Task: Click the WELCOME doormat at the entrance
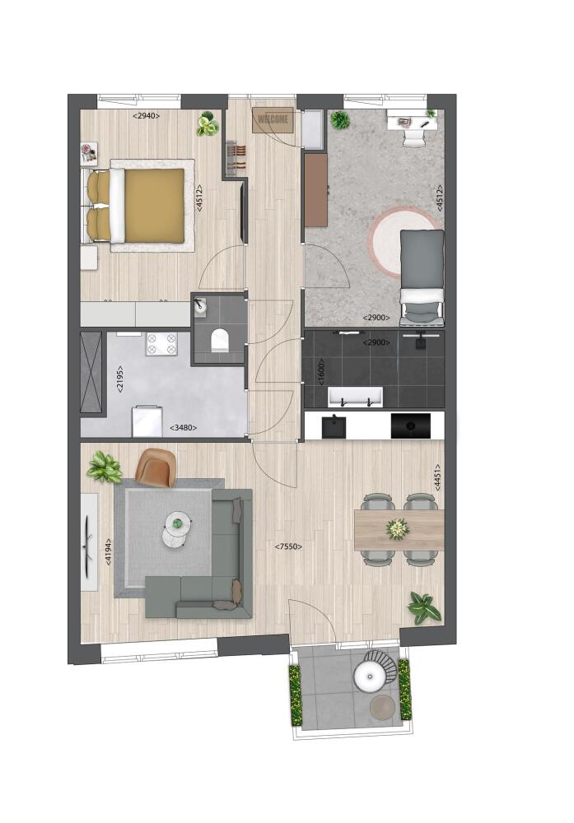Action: (x=273, y=119)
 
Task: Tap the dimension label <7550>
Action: (x=289, y=546)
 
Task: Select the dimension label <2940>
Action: (x=146, y=116)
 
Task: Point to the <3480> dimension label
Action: (x=184, y=428)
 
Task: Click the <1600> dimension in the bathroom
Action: (x=321, y=372)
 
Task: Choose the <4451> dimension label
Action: (x=437, y=477)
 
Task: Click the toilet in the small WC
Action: (x=219, y=341)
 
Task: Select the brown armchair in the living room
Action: (x=156, y=467)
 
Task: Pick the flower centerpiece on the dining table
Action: (x=398, y=528)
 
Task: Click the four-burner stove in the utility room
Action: (x=161, y=344)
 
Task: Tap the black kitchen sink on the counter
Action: (x=334, y=426)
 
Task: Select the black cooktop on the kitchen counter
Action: (x=411, y=425)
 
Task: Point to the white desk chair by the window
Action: (x=415, y=137)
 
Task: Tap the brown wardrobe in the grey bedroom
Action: (x=316, y=189)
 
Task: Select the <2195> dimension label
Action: (x=120, y=379)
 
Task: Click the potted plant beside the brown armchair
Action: (x=105, y=467)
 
